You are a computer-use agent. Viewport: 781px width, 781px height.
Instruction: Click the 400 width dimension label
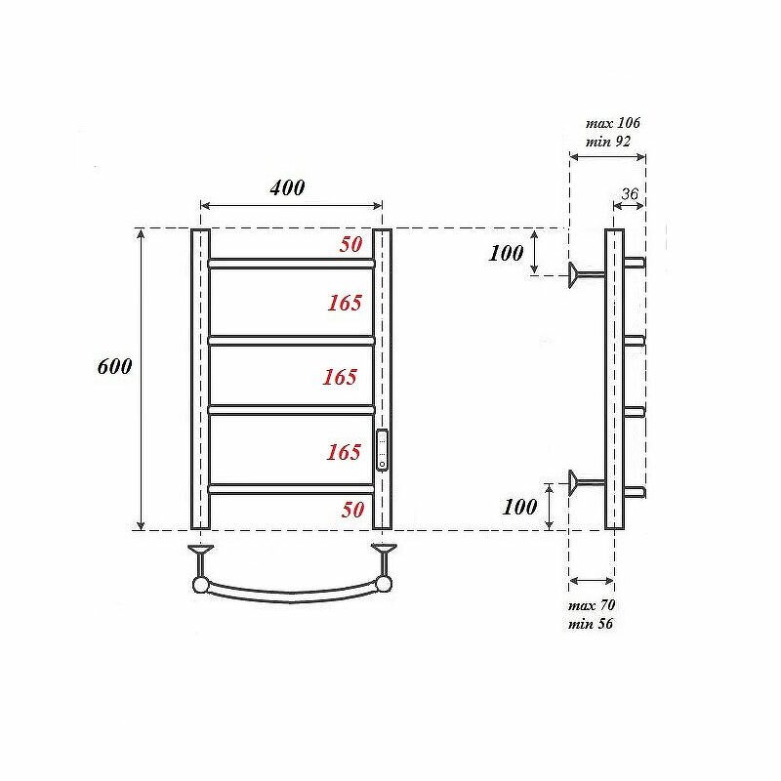[x=287, y=187]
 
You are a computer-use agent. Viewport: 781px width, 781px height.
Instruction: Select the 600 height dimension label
[x=114, y=367]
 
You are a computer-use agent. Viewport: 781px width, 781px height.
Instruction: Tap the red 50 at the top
[x=351, y=244]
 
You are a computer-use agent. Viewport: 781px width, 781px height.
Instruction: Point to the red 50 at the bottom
[x=352, y=510]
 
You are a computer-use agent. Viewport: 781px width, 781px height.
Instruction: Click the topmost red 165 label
[x=345, y=303]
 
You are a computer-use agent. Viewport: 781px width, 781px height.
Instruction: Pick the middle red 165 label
[x=340, y=377]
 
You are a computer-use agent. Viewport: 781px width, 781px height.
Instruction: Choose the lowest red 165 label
[x=344, y=452]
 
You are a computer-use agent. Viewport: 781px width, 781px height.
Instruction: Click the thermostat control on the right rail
[x=382, y=450]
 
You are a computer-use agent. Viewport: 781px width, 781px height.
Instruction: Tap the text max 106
[x=613, y=123]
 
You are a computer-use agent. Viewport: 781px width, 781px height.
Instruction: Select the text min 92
[x=607, y=142]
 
